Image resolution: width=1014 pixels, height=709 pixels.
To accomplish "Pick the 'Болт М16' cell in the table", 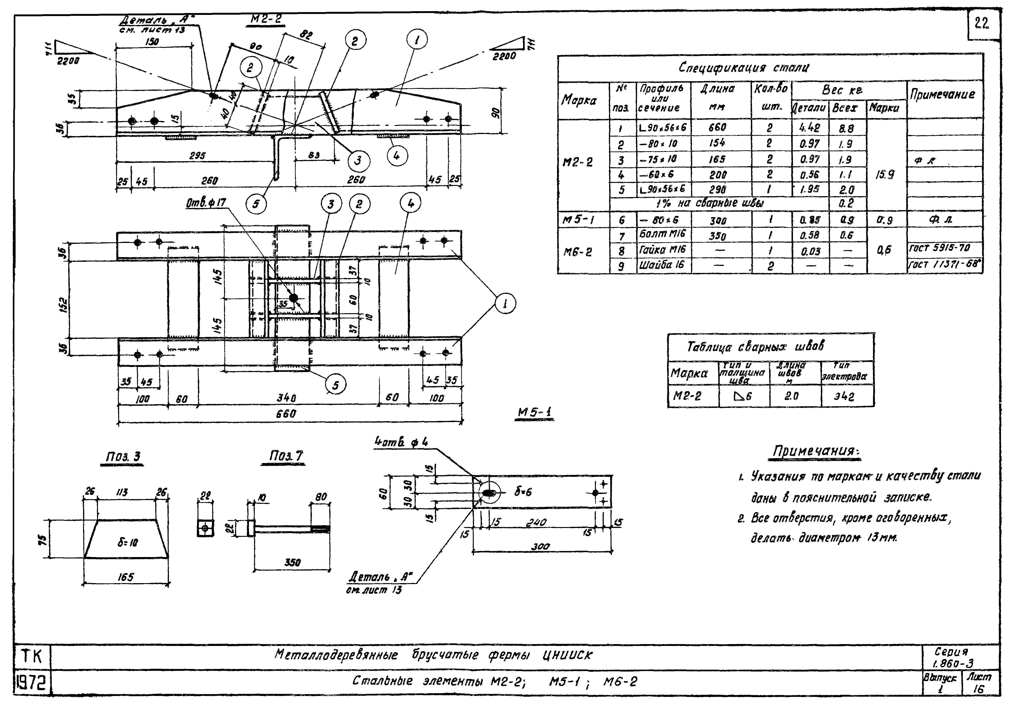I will (x=662, y=234).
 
